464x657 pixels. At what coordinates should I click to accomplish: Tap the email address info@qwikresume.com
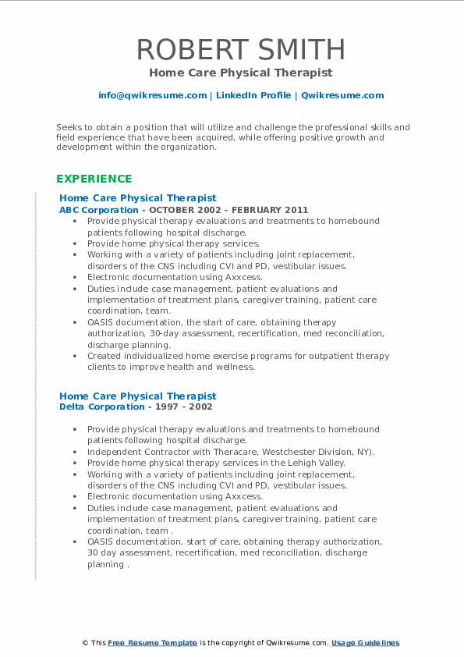152,95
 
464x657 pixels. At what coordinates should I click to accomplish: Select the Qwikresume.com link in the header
342,95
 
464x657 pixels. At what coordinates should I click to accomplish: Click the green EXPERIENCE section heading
94,179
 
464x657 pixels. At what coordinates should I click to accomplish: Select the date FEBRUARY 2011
263,210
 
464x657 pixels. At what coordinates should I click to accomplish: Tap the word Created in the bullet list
104,356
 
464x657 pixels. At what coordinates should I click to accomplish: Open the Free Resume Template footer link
152,643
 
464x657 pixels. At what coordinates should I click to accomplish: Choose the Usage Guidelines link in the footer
365,643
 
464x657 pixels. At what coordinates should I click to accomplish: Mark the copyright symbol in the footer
85,643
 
